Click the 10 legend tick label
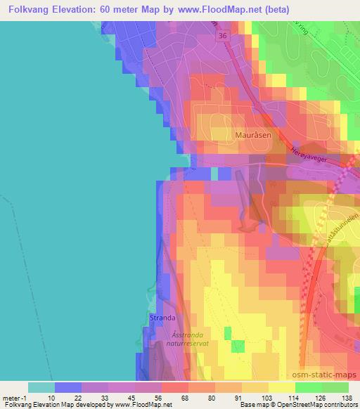coord(51,397)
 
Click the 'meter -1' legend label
coord(15,397)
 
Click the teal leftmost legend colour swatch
coord(41,387)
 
